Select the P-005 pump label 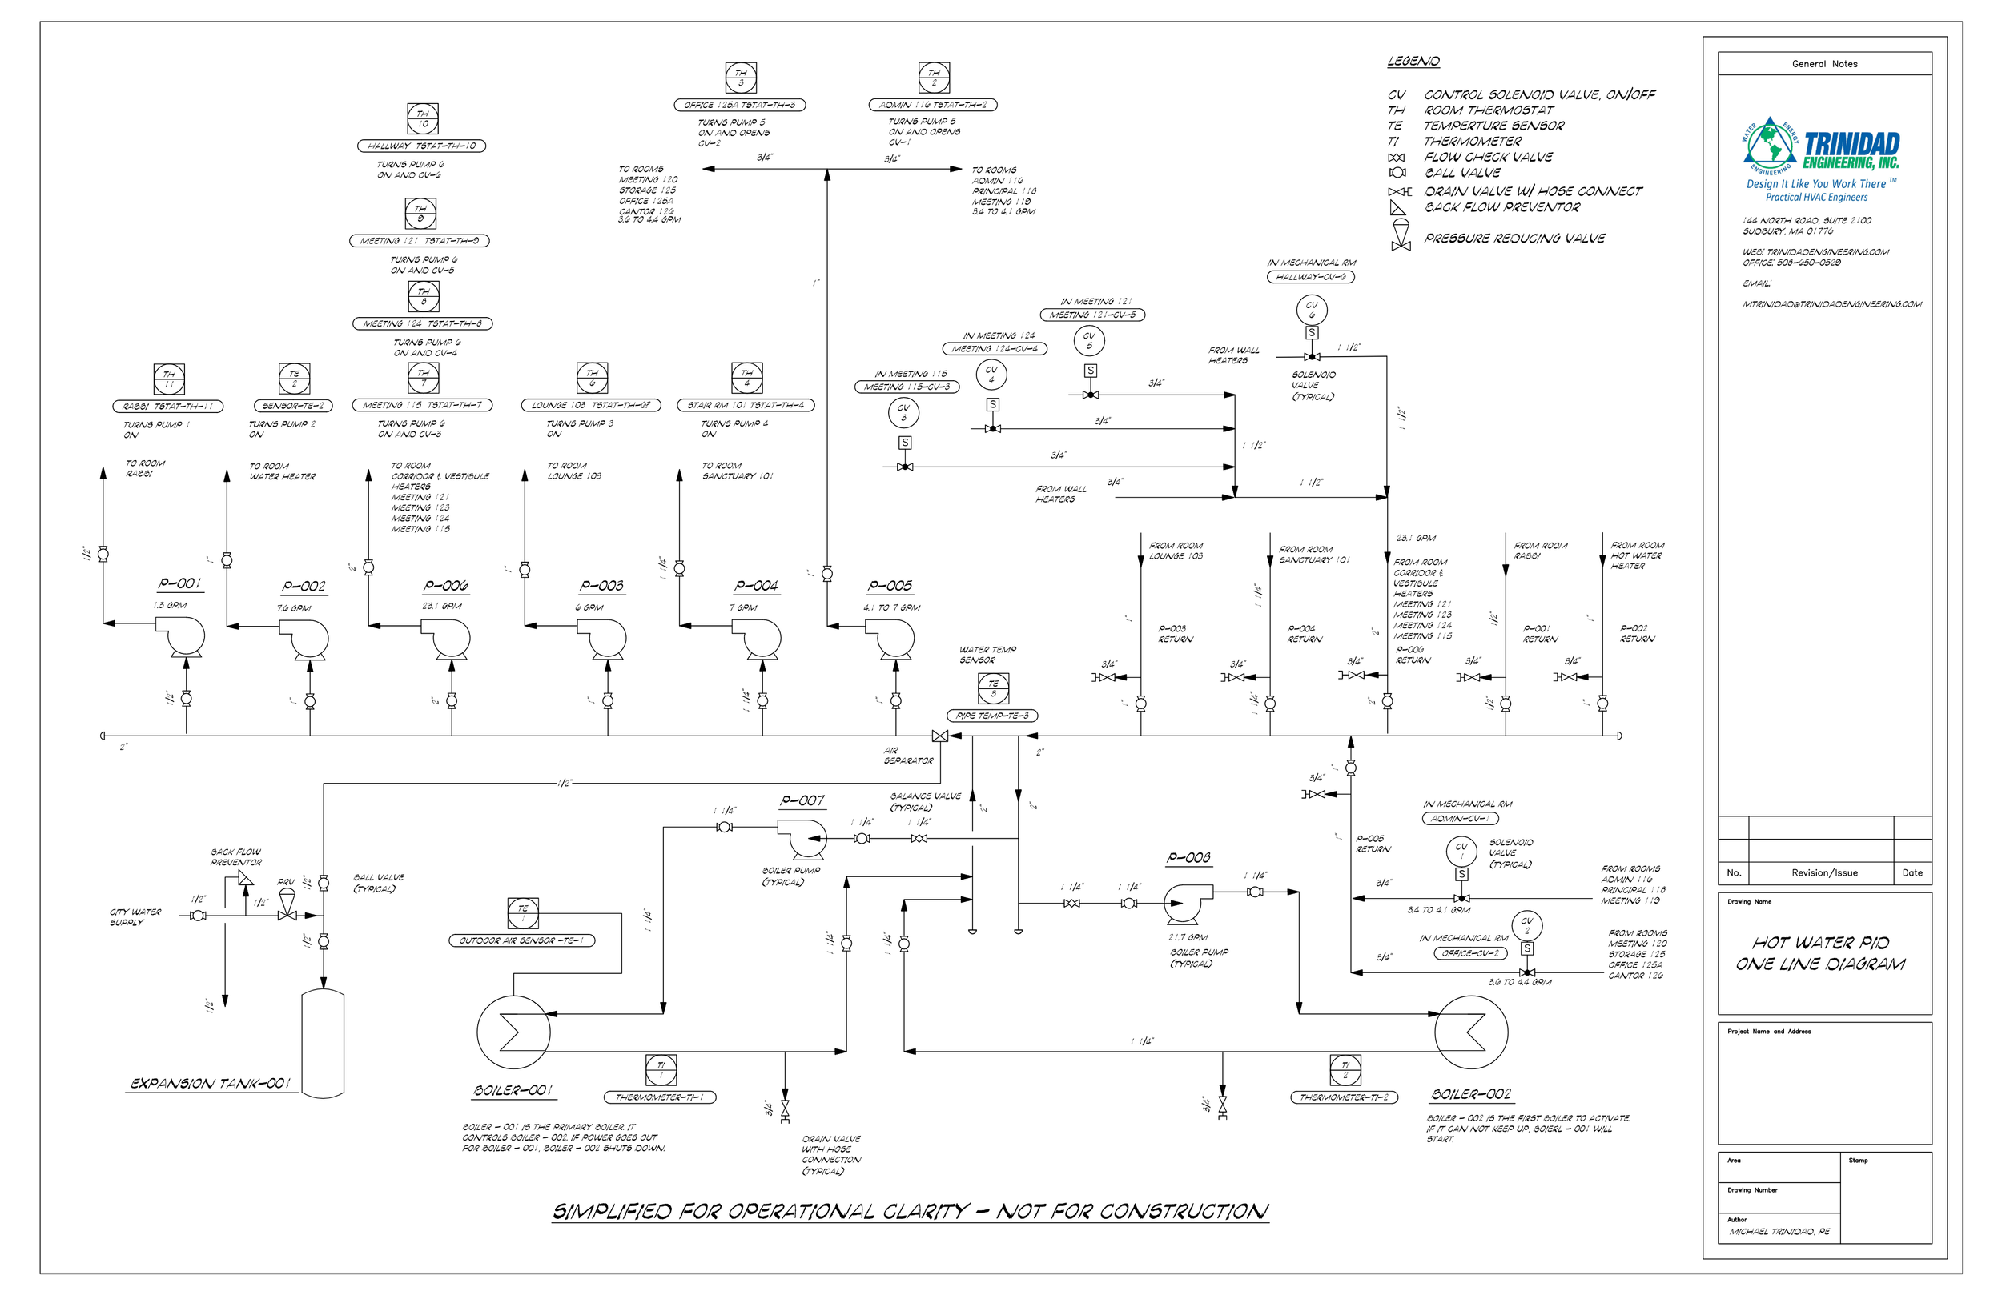[x=890, y=585]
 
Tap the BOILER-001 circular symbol [x=513, y=1032]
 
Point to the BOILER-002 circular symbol [x=1470, y=1032]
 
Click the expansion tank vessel [x=323, y=1043]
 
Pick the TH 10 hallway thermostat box [x=422, y=118]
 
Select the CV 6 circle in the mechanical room [x=1312, y=310]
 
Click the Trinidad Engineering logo [x=1819, y=160]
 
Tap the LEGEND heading [x=1413, y=62]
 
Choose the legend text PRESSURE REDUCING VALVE [x=1514, y=239]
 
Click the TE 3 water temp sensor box [x=994, y=688]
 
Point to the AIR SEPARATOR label [x=907, y=755]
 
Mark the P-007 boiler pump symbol [x=803, y=837]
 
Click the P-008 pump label [x=1188, y=858]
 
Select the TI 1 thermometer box [x=661, y=1069]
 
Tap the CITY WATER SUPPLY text [x=135, y=916]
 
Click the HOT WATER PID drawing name [x=1820, y=953]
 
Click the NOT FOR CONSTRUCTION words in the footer [x=1132, y=1212]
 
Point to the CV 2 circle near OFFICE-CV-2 [x=1527, y=925]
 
